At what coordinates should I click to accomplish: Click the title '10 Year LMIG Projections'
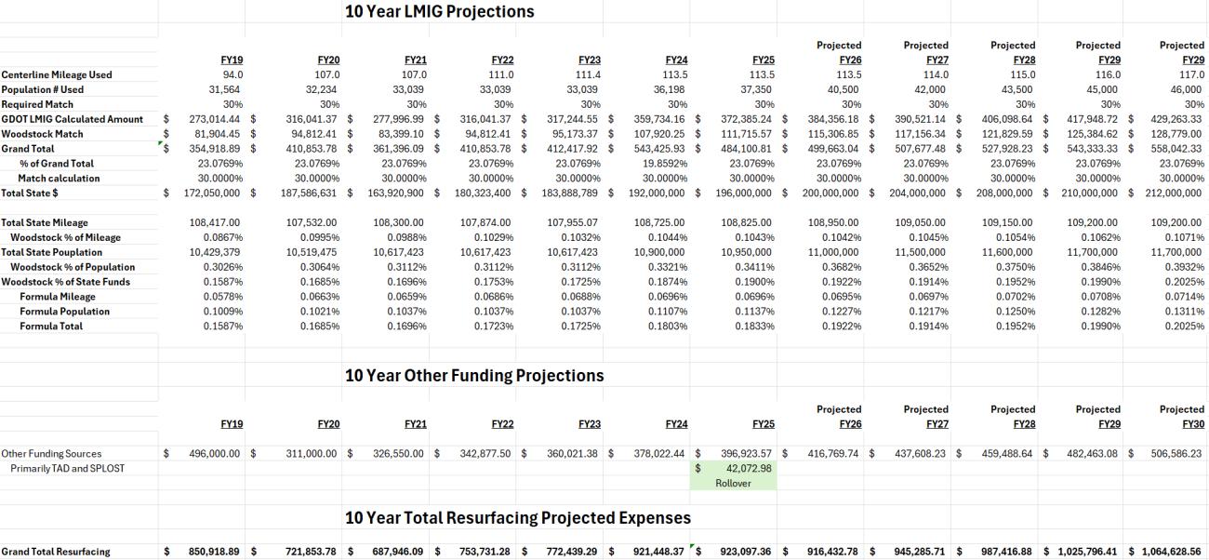(x=439, y=11)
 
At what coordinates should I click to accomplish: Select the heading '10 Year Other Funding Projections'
(x=474, y=375)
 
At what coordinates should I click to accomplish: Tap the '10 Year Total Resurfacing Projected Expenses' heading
(x=518, y=517)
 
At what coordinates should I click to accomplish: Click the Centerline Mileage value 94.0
(x=232, y=74)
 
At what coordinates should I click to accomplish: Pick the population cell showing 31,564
(x=224, y=89)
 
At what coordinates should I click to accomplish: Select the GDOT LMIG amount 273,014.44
(x=214, y=119)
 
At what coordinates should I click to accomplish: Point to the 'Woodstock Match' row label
(x=42, y=134)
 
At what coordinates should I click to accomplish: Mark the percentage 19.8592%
(x=665, y=164)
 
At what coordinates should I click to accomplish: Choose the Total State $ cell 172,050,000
(x=212, y=193)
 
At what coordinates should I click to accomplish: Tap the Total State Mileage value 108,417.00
(x=214, y=222)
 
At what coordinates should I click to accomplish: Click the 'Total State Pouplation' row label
(x=51, y=252)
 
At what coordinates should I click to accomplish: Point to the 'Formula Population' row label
(x=65, y=312)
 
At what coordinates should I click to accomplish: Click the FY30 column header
(x=1193, y=424)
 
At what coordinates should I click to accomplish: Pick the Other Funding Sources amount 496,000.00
(x=214, y=454)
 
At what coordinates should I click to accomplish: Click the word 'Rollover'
(x=733, y=484)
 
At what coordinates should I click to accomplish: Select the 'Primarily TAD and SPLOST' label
(x=68, y=469)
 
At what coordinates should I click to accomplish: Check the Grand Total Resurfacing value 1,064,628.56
(x=1171, y=552)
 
